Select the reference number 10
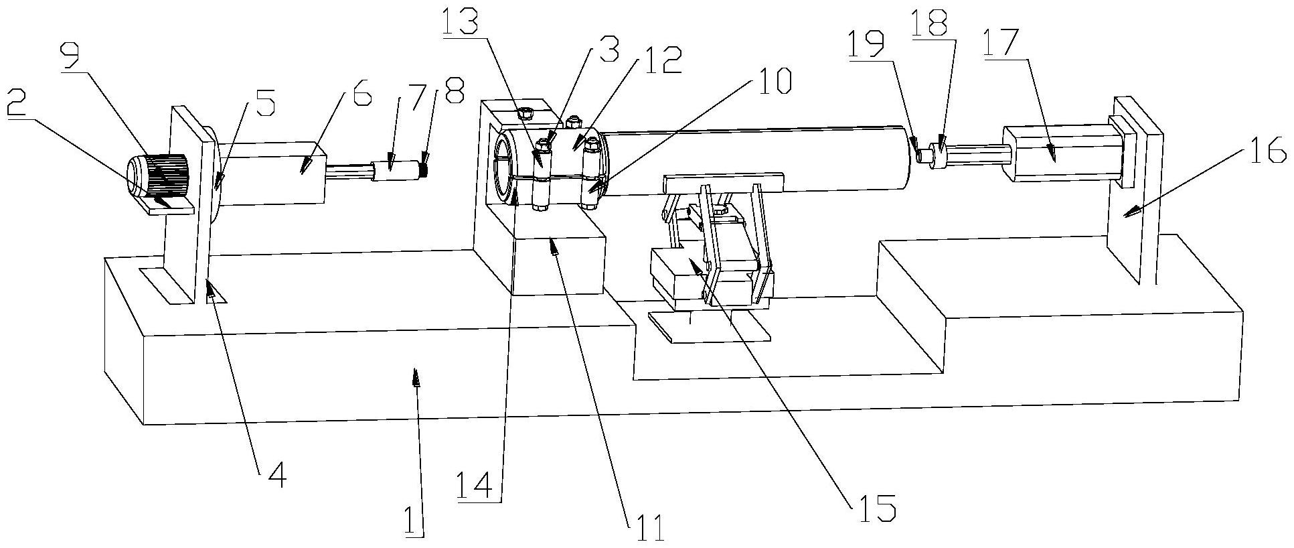773,80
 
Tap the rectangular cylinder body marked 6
274,173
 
